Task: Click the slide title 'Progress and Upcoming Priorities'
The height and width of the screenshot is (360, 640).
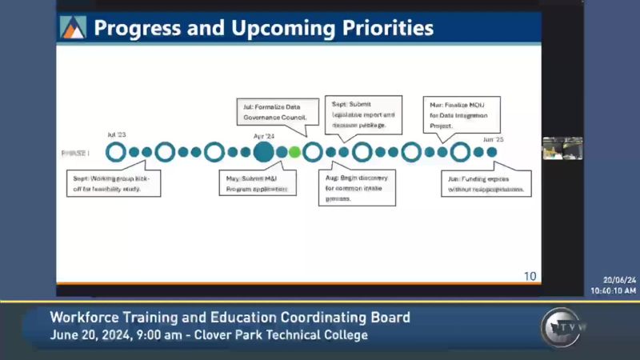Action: pos(263,29)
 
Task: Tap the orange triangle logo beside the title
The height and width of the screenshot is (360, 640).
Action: pos(73,28)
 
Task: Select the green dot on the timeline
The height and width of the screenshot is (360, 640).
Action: pos(294,151)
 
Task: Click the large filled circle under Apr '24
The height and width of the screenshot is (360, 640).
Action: pos(263,151)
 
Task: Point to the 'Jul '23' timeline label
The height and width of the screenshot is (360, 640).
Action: pos(117,136)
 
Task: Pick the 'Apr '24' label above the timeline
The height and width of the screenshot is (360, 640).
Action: pos(263,136)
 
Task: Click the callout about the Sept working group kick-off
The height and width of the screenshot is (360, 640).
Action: pos(113,183)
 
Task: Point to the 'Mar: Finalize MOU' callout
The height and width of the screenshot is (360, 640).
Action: pos(461,114)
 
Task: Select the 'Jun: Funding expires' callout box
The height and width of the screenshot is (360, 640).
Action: pos(486,183)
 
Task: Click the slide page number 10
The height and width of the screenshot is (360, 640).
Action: pos(530,276)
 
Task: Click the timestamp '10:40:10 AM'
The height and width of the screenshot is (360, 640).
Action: pos(614,290)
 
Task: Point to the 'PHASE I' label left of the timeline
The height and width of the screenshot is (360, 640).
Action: pos(76,152)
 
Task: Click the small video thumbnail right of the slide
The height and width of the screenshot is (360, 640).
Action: pos(562,148)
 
